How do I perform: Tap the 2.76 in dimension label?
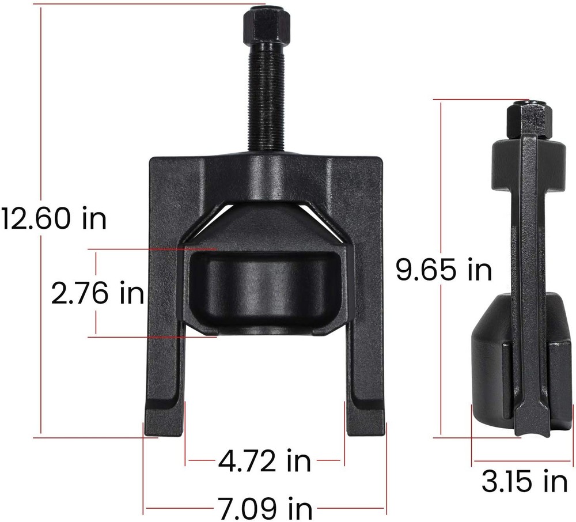[x=97, y=293]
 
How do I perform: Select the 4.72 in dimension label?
[x=264, y=460]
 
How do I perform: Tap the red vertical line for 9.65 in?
[x=441, y=173]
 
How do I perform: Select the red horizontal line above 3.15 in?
[x=521, y=461]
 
